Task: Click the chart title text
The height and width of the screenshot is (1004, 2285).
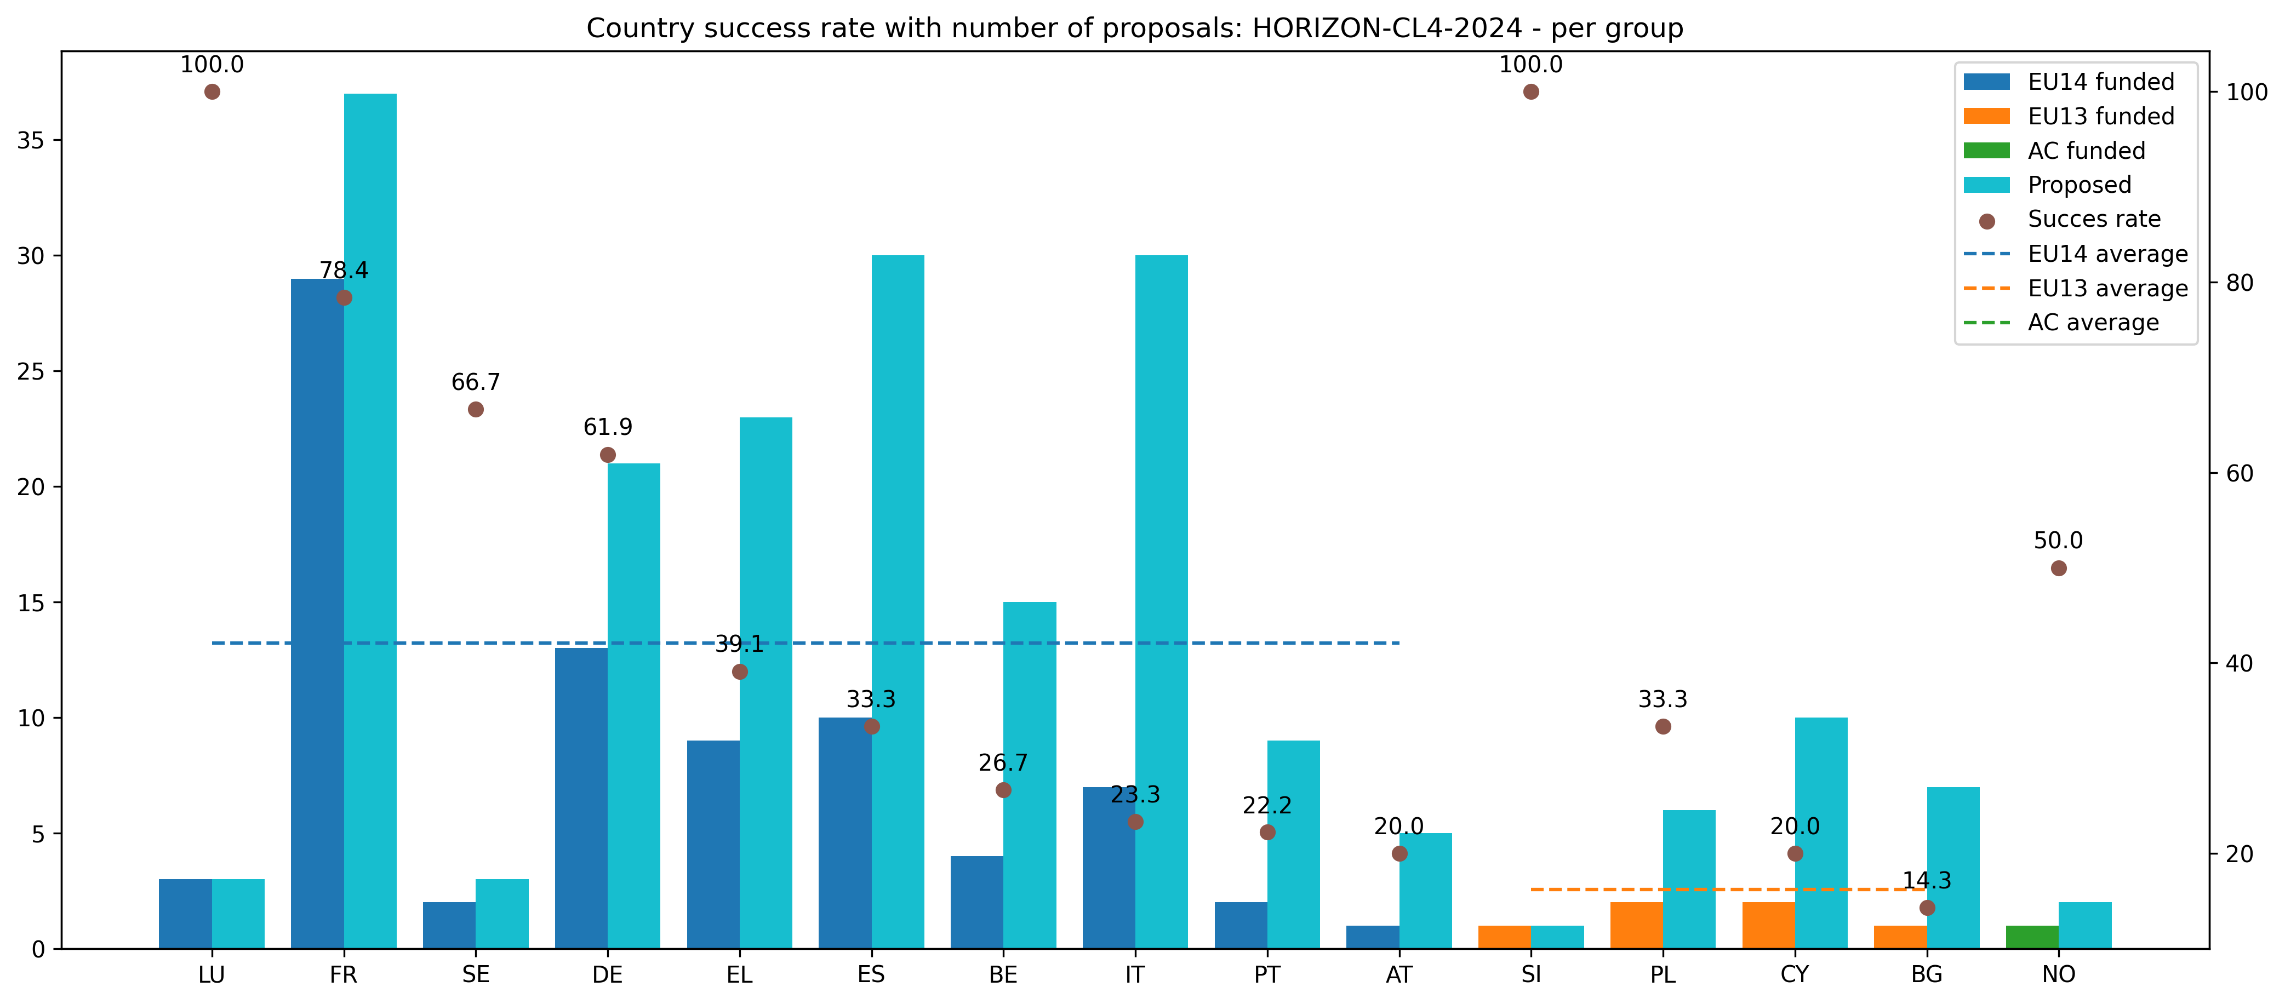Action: click(x=1134, y=28)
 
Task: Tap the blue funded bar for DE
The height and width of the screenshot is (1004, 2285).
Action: click(x=581, y=798)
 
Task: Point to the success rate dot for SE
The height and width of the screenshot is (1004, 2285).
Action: click(x=476, y=409)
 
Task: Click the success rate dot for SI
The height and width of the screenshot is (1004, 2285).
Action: click(x=1531, y=91)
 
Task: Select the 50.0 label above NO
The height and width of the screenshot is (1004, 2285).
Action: click(x=2058, y=540)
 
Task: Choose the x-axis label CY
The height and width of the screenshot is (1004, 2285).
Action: click(x=1795, y=975)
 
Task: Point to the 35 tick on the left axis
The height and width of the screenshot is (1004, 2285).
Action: click(x=30, y=140)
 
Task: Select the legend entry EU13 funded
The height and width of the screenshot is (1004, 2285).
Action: click(x=2100, y=116)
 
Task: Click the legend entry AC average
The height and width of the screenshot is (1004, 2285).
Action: click(x=2093, y=323)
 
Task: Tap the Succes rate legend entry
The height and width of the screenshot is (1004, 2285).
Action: click(x=2093, y=219)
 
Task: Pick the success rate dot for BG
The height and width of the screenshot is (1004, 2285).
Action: click(x=1927, y=908)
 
